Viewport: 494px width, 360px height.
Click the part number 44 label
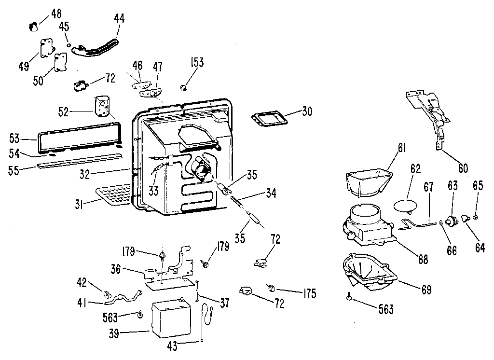[x=119, y=19]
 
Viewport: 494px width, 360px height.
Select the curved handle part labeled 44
[x=95, y=49]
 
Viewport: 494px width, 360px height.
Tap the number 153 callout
[x=197, y=62]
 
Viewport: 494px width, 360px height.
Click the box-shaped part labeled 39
[x=172, y=318]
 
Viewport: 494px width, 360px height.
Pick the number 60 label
[x=463, y=168]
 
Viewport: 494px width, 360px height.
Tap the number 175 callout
[x=310, y=293]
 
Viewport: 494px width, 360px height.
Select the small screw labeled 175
[x=270, y=287]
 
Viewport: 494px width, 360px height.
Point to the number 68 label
[x=423, y=259]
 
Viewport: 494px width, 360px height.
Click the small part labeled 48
[x=33, y=27]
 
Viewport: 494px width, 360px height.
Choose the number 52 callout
[x=63, y=111]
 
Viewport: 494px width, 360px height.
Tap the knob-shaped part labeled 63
[x=453, y=219]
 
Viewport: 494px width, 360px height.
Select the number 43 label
[x=172, y=346]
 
